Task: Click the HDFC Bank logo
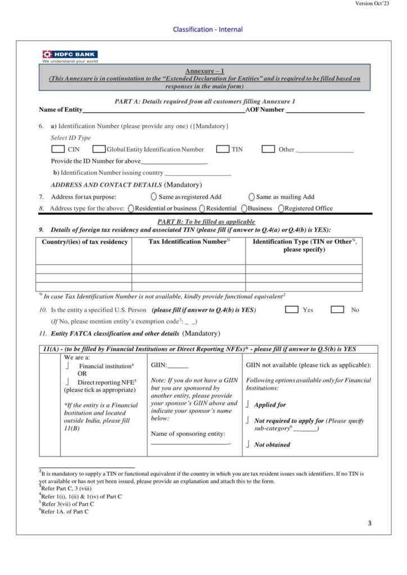click(70, 56)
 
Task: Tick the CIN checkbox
click(57, 149)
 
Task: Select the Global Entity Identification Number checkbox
click(99, 149)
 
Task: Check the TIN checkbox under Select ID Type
click(223, 149)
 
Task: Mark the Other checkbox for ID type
click(268, 149)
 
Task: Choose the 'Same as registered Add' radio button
click(154, 197)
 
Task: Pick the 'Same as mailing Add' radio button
click(251, 197)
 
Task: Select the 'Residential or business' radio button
click(131, 208)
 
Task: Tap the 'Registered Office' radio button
click(281, 208)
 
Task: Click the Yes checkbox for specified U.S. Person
click(292, 309)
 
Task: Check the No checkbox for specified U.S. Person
click(337, 309)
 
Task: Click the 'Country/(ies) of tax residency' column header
click(85, 242)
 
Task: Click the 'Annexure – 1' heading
click(205, 71)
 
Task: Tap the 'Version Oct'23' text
click(372, 4)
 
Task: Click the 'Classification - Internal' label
click(207, 29)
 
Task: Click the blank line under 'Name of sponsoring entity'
click(191, 444)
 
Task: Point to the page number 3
click(369, 523)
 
